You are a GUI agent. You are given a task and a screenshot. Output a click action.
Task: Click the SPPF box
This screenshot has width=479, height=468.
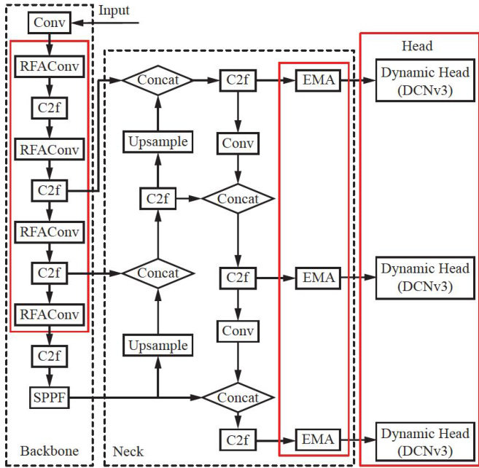[x=49, y=397]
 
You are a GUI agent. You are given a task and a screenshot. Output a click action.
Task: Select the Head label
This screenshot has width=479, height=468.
[x=418, y=46]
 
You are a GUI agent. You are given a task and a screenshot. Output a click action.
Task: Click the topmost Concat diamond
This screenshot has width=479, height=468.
[x=157, y=79]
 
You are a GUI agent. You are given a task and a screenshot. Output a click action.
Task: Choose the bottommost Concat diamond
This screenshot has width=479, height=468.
[x=238, y=397]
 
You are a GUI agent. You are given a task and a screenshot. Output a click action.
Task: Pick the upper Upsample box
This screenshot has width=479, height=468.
[x=158, y=141]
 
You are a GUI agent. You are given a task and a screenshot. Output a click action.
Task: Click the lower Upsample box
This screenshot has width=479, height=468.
[x=158, y=344]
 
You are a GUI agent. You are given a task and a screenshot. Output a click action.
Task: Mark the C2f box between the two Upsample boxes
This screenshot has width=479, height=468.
[x=158, y=198]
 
